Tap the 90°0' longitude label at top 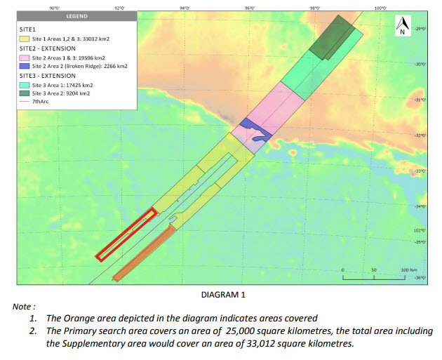tap(54, 7)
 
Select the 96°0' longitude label tap(249, 7)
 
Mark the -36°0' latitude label tap(420, 278)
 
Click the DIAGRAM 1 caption tap(223, 295)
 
